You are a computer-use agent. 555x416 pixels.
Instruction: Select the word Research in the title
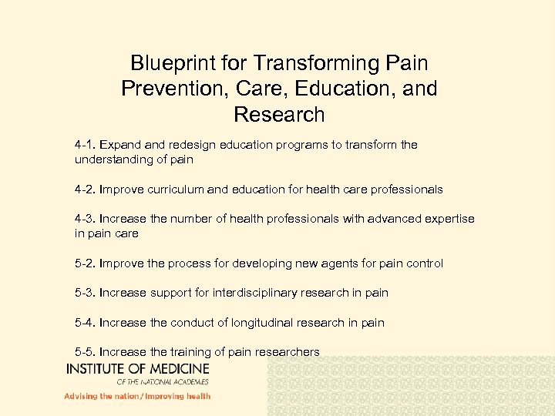pos(279,115)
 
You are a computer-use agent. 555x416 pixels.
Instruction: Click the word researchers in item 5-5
pos(288,352)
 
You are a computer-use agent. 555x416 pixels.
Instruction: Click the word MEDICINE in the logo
pos(173,369)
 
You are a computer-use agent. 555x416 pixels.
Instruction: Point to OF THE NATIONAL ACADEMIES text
pos(163,381)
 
